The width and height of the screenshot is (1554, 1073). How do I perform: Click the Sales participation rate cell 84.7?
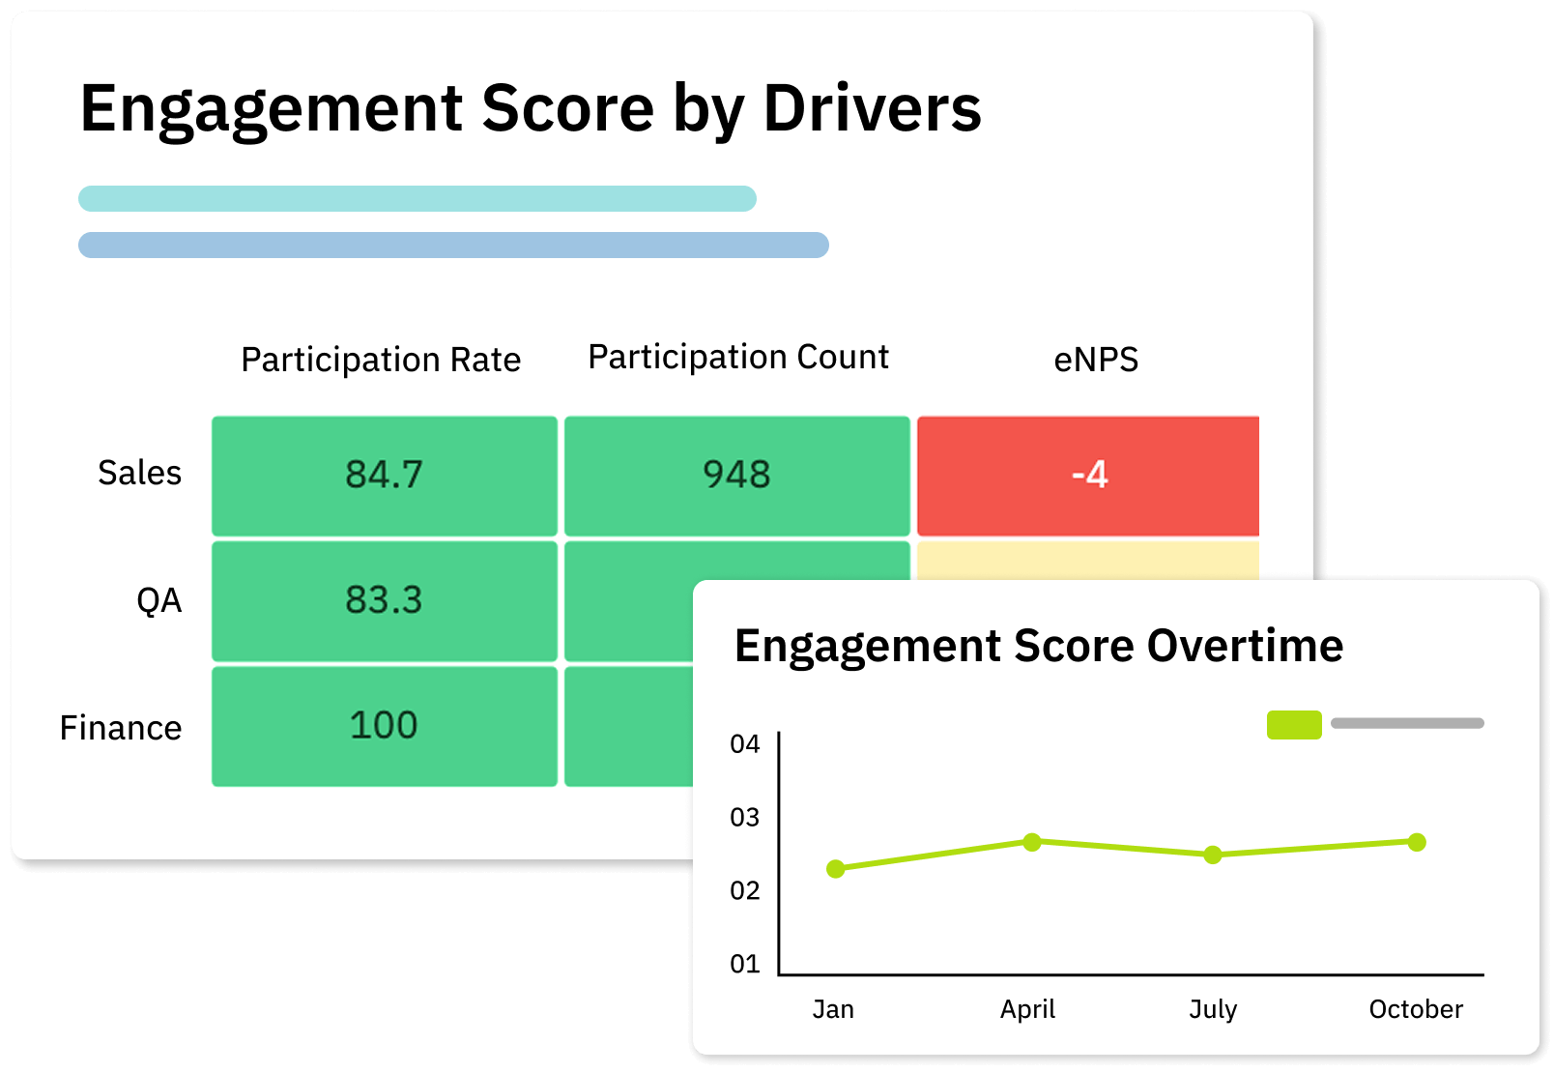(384, 475)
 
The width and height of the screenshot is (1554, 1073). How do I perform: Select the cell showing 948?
(736, 475)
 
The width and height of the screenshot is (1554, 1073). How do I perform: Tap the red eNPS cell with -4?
(1088, 475)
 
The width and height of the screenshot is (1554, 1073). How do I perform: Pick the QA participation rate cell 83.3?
(384, 600)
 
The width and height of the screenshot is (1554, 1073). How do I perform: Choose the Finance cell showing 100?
(384, 726)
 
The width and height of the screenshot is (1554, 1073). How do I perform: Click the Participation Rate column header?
(381, 360)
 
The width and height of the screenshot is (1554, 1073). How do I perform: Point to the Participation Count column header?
(738, 358)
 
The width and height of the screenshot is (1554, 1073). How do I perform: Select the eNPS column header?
(1096, 360)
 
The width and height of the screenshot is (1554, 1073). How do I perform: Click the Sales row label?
(139, 474)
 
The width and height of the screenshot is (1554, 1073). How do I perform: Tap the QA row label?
(158, 600)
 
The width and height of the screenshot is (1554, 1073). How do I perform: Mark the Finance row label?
(121, 728)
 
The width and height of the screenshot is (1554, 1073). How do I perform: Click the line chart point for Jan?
(836, 869)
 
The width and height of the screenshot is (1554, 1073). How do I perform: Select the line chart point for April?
(1032, 842)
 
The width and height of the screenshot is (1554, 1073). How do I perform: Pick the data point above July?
(1213, 855)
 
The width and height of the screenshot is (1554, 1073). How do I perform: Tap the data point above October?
(1417, 842)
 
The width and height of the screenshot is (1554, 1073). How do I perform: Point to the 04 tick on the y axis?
(745, 744)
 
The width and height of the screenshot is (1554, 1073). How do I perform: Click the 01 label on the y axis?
(745, 964)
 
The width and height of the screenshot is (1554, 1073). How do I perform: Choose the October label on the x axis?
(1416, 1009)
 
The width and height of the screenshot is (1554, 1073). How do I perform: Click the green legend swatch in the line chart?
(1294, 725)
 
